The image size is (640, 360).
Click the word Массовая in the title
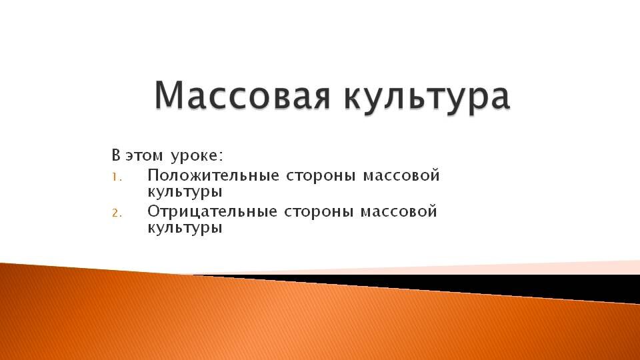pos(241,95)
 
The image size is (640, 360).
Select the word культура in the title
pos(427,98)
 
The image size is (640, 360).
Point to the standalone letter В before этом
pos(116,155)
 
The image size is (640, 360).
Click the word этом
pos(144,156)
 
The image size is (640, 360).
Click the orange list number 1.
pos(117,177)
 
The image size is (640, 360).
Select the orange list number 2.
pos(117,213)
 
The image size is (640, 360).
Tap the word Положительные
pos(213,175)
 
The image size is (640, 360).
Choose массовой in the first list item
pos(401,175)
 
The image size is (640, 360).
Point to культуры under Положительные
pos(185,192)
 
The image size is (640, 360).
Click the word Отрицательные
pos(212,212)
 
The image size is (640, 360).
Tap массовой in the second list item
pos(399,212)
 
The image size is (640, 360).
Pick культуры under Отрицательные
pos(185,228)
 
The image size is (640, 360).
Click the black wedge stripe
pos(510,284)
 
